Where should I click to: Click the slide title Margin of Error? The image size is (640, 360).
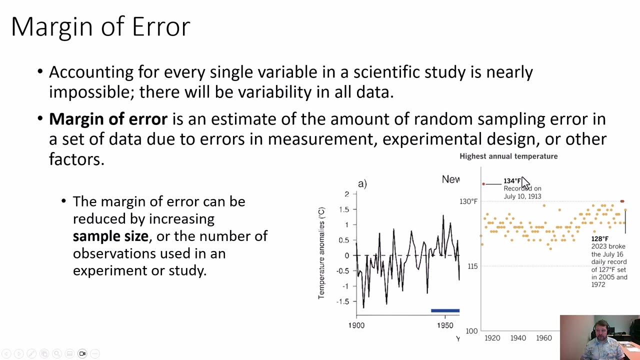100,26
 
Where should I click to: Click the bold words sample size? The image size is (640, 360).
110,236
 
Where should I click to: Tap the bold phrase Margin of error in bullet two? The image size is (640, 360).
108,119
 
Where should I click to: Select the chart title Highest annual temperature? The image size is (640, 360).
508,156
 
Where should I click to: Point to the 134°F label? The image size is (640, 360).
512,181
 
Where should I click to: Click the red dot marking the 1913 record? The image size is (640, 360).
483,184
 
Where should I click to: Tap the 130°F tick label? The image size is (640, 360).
468,201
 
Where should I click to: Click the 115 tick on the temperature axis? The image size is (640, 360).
472,266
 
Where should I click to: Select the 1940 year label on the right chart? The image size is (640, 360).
518,338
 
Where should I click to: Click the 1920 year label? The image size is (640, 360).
492,338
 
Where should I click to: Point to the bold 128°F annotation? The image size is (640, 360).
599,239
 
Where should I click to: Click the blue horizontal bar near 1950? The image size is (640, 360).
445,310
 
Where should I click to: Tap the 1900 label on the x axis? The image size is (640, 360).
356,325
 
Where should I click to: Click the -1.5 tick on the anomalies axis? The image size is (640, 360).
342,301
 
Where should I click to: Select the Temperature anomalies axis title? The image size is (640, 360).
322,253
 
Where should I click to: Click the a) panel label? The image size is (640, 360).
362,184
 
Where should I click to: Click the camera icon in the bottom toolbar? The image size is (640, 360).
82,353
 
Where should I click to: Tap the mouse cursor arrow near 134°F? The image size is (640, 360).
524,183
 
